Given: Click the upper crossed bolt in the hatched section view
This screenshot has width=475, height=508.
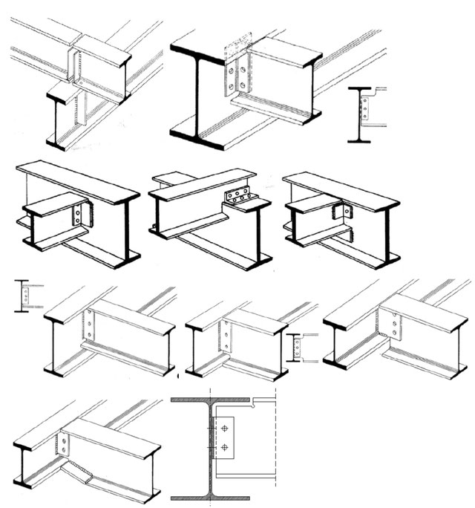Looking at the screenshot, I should (x=223, y=429).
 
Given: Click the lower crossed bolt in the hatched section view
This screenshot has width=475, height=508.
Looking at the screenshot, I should (x=223, y=448).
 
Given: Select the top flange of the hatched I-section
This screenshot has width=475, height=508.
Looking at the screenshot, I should (x=210, y=401).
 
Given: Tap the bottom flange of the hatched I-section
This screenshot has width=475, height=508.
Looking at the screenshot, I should (x=210, y=496).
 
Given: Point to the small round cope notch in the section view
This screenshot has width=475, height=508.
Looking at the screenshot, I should (x=253, y=405).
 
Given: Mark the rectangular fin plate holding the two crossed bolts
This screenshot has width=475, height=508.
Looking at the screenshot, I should (x=224, y=438).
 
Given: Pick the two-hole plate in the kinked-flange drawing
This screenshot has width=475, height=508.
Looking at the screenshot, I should (x=65, y=445).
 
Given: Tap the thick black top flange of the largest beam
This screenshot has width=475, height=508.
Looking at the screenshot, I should (x=200, y=53).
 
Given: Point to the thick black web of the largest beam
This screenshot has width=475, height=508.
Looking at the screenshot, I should (x=197, y=100).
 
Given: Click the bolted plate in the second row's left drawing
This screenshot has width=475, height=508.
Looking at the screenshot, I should (x=79, y=216).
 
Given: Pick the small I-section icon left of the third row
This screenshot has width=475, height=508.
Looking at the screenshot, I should (x=25, y=296).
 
